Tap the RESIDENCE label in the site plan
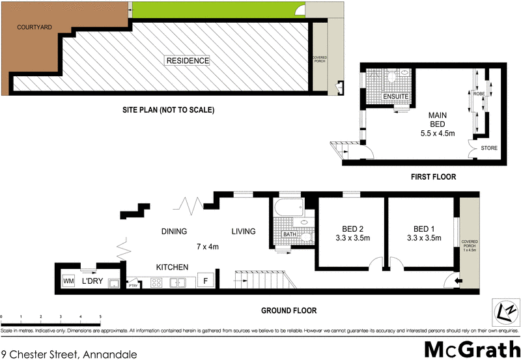tap(188, 61)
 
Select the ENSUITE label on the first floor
tap(395, 97)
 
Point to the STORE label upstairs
tap(488, 148)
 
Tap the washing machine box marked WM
tap(68, 281)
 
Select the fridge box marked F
tap(206, 281)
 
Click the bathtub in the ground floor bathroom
tap(287, 210)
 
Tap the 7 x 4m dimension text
tap(208, 247)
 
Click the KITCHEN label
tap(172, 267)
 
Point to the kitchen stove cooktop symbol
tap(157, 282)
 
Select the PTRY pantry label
tap(133, 285)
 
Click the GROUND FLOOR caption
tap(289, 311)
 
